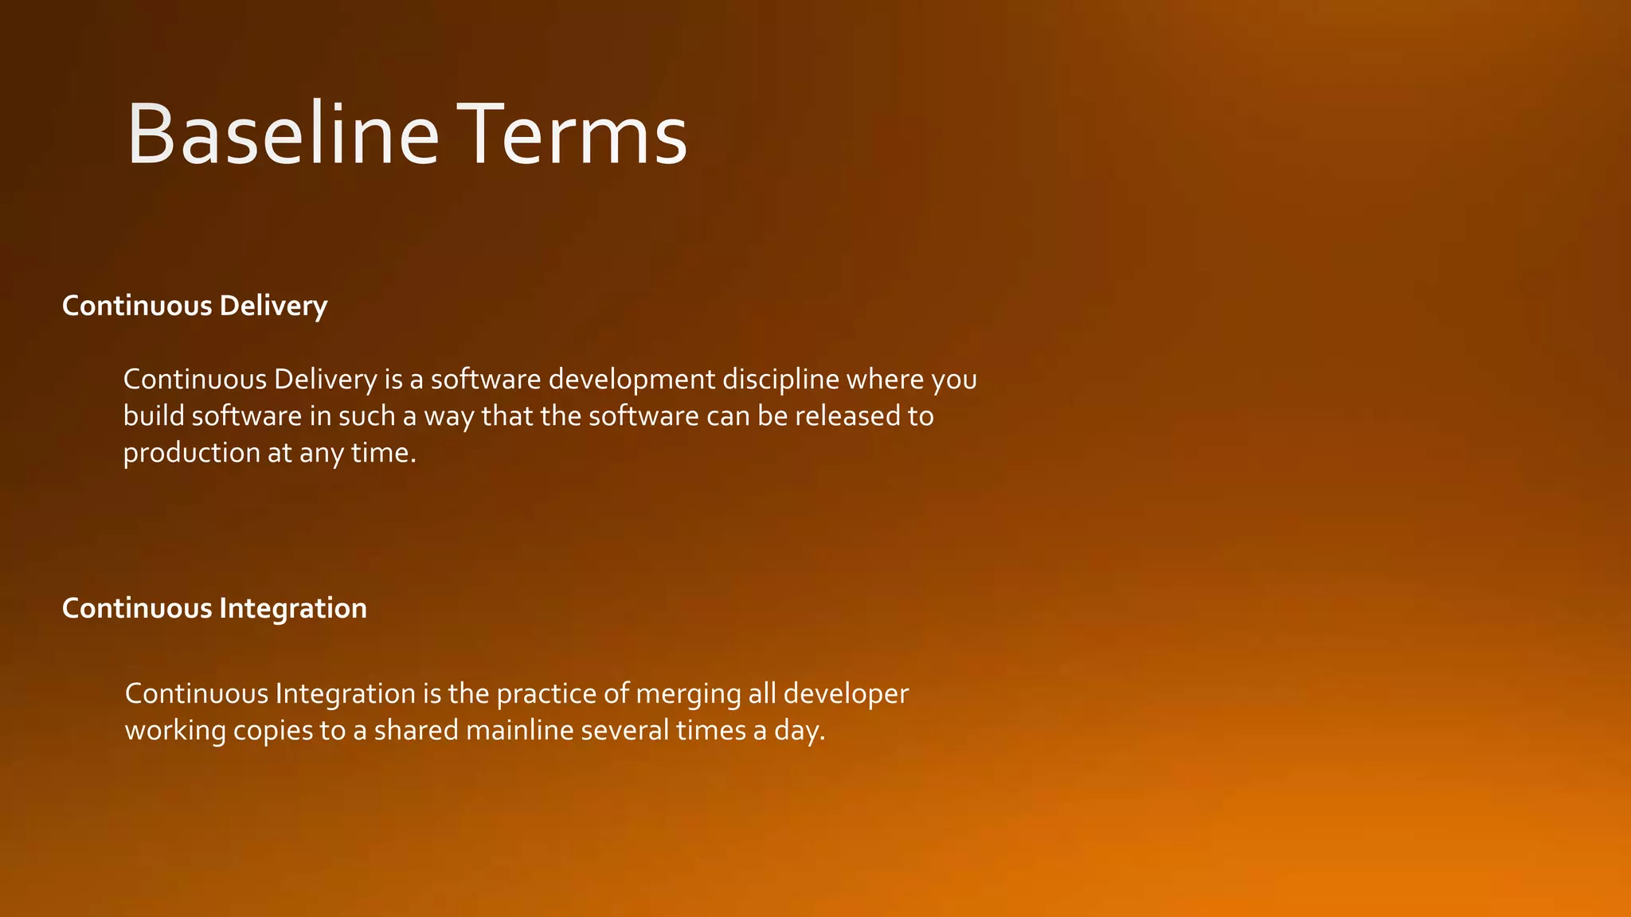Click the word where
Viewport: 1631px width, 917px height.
coord(885,380)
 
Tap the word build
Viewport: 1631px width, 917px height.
coord(154,416)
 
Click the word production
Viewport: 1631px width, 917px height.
coord(192,454)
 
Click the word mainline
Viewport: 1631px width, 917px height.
coord(520,731)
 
